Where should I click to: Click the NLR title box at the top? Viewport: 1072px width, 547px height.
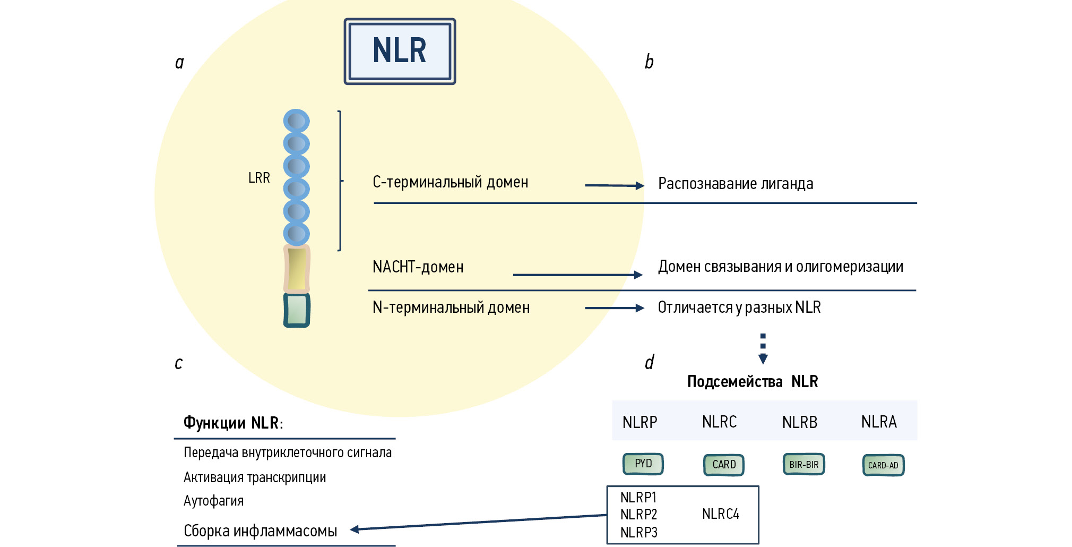(x=400, y=52)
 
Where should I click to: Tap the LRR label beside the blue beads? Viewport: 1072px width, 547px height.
(x=259, y=178)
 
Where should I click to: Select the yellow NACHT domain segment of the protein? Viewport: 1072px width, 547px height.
(x=297, y=269)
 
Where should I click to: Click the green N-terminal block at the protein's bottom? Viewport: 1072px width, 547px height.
(x=297, y=310)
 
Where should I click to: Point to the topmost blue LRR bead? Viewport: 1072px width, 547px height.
(x=296, y=122)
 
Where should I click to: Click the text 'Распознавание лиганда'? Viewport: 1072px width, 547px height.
(x=735, y=184)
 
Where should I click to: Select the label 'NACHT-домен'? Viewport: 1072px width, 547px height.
(x=418, y=267)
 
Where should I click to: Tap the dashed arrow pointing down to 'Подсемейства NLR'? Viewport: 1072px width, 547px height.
(x=763, y=348)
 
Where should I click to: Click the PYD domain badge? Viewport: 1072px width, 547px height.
(x=643, y=464)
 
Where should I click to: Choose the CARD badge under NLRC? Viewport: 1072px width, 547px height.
(x=724, y=465)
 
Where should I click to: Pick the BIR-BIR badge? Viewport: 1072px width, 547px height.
(x=803, y=465)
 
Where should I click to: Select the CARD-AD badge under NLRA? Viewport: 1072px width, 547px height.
(x=883, y=465)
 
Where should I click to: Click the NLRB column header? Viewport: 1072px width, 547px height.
(x=799, y=422)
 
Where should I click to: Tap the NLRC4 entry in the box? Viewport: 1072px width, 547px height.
(x=720, y=514)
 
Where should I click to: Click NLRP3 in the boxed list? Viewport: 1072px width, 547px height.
(x=638, y=532)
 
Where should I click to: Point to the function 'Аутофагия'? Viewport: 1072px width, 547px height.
(x=213, y=501)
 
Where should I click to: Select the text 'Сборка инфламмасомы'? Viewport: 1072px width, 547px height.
(x=260, y=531)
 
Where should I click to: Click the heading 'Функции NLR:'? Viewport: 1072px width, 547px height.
(x=233, y=423)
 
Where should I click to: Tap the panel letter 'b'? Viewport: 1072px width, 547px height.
(x=649, y=62)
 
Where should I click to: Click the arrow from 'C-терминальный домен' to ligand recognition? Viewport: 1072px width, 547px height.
(x=614, y=185)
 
